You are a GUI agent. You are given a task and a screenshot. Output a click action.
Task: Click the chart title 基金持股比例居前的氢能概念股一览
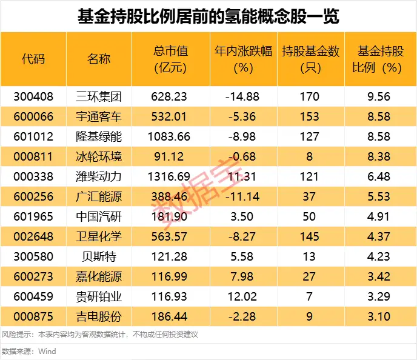pyautogui.click(x=208, y=16)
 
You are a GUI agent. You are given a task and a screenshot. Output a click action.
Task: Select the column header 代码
pyautogui.click(x=33, y=59)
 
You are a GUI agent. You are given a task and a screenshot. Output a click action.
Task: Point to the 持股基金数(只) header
pyautogui.click(x=310, y=59)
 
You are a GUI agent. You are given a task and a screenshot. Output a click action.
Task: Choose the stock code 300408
pyautogui.click(x=33, y=96)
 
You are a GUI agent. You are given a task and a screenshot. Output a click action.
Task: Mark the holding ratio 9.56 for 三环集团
pyautogui.click(x=381, y=96)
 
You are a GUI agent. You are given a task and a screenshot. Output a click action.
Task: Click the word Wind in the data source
pyautogui.click(x=47, y=351)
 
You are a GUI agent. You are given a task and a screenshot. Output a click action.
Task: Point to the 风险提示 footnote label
pyautogui.click(x=16, y=335)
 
